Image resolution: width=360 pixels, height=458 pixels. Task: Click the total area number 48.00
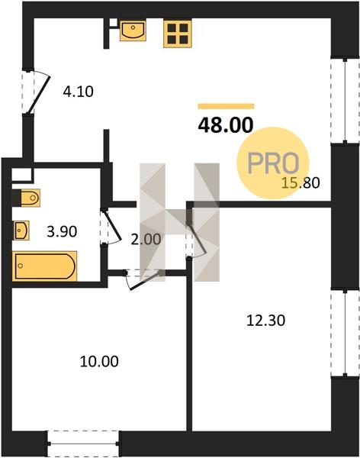[226, 125]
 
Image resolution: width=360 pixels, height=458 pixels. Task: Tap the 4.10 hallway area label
[79, 92]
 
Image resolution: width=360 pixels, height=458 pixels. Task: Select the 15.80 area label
[301, 183]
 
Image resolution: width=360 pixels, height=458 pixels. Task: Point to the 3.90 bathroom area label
[62, 232]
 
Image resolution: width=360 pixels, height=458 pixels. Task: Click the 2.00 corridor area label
[146, 240]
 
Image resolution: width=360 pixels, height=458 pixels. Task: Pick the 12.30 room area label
[265, 321]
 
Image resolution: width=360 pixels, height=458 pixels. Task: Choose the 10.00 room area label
[99, 362]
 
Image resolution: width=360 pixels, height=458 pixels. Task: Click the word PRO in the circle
[273, 163]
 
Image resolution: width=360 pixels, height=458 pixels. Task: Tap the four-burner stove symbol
[178, 33]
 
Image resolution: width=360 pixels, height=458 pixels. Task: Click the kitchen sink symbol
[133, 30]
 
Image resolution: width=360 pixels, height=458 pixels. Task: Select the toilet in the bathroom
[26, 198]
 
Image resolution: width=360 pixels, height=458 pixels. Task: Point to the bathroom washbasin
[21, 231]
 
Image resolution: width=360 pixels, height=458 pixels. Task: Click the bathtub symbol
[45, 266]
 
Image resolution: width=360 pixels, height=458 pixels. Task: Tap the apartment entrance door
[37, 92]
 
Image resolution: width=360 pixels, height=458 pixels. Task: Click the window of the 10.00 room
[83, 443]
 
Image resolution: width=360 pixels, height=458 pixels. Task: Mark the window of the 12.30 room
[345, 334]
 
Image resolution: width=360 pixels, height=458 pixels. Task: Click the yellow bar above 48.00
[226, 106]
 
